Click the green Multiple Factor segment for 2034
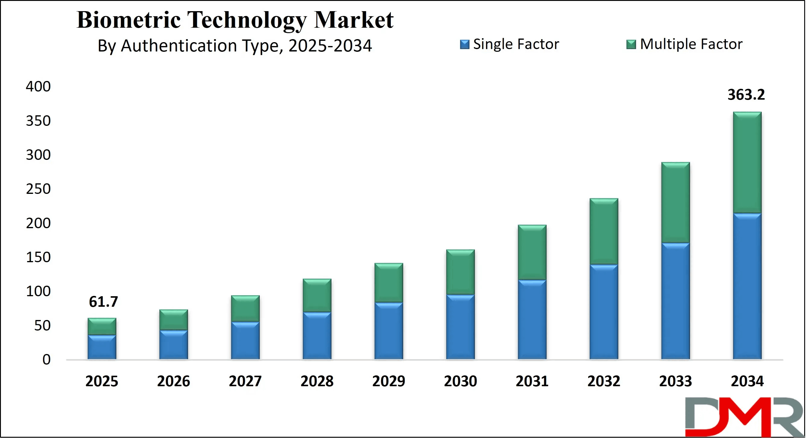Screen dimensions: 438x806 (747, 163)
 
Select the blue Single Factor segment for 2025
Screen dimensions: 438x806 (102, 347)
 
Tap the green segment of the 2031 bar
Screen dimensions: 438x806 (532, 252)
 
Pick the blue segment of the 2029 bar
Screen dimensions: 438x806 (389, 331)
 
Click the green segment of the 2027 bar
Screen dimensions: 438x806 (245, 308)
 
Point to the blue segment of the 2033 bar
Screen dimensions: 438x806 (675, 301)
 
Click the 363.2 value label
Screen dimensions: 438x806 (746, 95)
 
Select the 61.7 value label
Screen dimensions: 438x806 (103, 302)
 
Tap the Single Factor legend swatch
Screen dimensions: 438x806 (464, 44)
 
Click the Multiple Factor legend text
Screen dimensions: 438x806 (691, 44)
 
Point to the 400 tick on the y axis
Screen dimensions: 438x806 (38, 87)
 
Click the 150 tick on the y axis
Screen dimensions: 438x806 (38, 257)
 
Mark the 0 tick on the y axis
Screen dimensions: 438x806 (46, 359)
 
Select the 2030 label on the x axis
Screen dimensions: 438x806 (460, 381)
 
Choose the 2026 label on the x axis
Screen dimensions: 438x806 (173, 381)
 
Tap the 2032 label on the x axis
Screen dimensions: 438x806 (604, 381)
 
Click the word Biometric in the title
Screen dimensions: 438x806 (129, 20)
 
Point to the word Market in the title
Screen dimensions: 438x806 (353, 20)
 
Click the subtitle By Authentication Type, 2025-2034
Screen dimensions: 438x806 (235, 46)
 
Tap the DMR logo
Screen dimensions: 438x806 (745, 417)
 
